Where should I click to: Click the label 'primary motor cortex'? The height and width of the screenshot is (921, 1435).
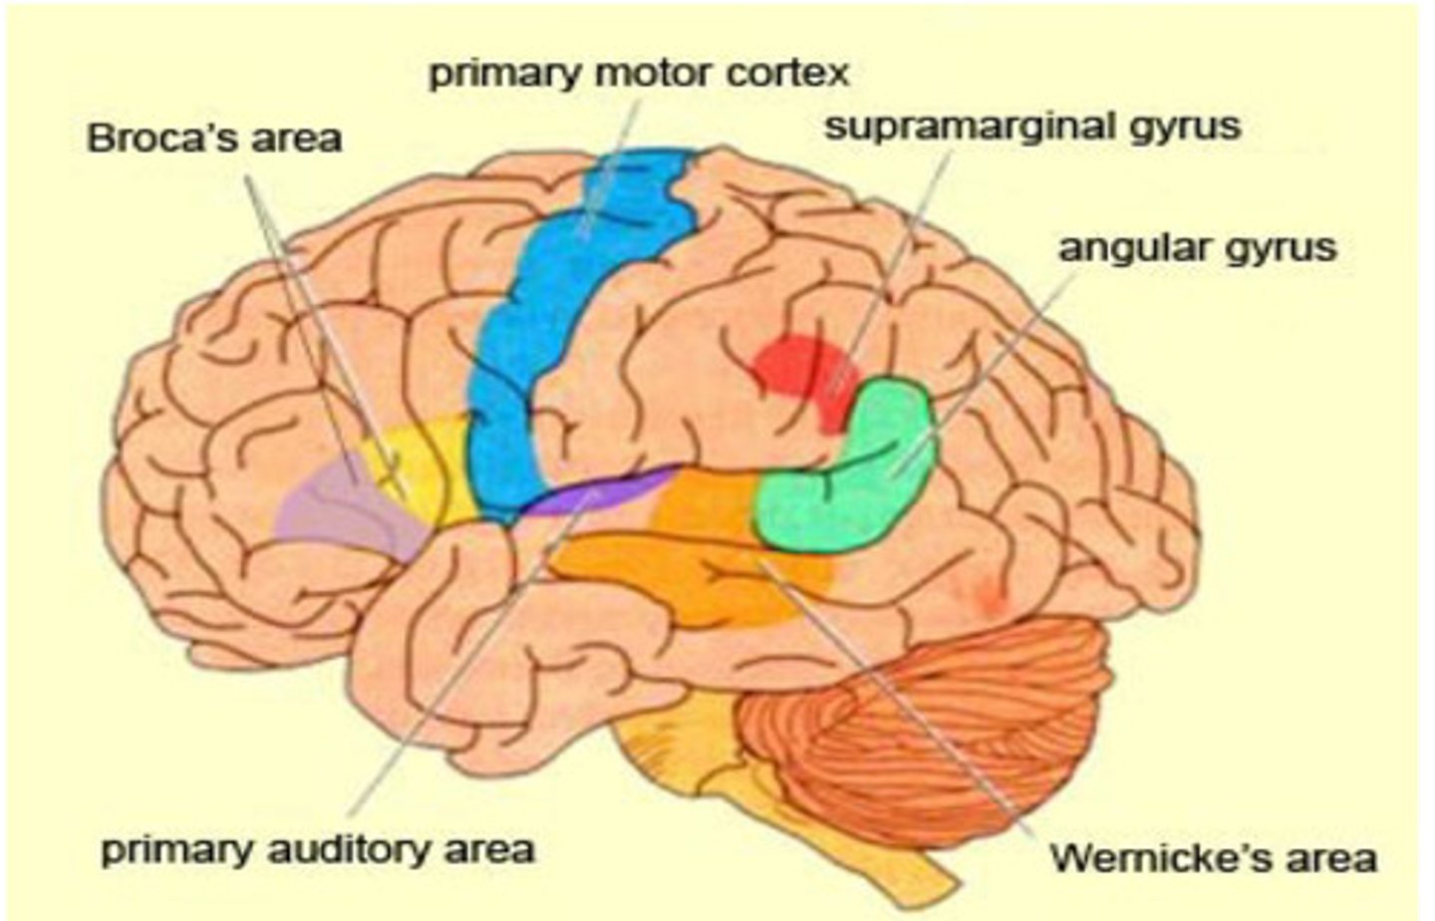[639, 73]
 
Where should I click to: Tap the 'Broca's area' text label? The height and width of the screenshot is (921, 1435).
[214, 138]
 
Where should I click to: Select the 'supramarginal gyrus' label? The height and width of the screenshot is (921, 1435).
[1032, 127]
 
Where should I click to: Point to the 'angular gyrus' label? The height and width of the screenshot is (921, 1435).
[1197, 246]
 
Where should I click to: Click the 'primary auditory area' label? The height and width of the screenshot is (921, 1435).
[318, 849]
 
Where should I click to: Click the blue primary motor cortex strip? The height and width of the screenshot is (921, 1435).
[558, 329]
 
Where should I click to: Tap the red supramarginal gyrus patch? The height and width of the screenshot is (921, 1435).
[797, 369]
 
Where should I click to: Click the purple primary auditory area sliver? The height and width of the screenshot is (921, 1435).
[598, 493]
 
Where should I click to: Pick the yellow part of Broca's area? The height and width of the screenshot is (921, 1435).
[429, 468]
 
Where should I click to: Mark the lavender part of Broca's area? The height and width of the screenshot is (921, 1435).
[339, 508]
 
